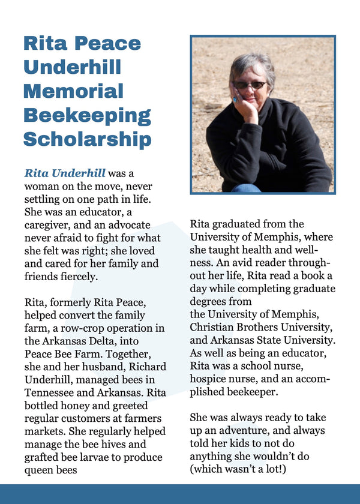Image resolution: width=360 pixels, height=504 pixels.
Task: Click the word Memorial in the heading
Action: (x=73, y=91)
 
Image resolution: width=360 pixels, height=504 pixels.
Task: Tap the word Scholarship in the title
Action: (x=87, y=139)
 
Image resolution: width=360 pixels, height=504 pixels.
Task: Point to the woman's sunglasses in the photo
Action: (x=250, y=85)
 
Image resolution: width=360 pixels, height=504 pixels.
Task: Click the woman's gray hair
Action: (x=252, y=64)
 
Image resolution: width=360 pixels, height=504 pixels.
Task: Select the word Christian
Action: (x=214, y=327)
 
